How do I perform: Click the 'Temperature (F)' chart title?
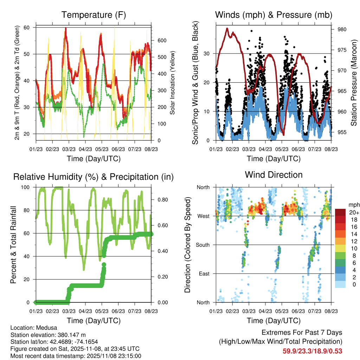[94, 15]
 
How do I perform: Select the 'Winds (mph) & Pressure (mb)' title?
[274, 15]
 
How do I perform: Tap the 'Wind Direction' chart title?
[274, 175]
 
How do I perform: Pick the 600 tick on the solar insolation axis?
[161, 40]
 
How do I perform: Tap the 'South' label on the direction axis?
[202, 245]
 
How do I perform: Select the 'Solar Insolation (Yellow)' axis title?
[173, 83]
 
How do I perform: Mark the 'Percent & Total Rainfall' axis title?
[14, 245]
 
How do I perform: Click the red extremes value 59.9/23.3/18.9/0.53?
[312, 351]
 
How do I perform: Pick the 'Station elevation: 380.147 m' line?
[48, 335]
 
